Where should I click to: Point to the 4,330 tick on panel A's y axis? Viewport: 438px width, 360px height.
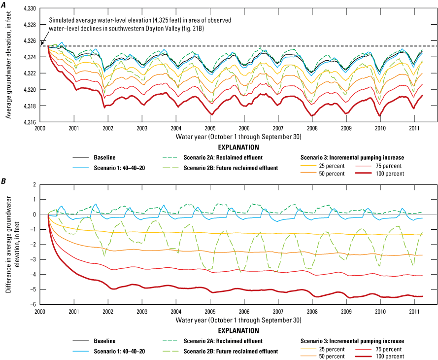tap(31, 8)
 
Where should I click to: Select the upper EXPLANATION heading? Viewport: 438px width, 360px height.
tap(238, 147)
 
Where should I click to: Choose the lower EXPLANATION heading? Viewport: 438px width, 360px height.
tap(238, 330)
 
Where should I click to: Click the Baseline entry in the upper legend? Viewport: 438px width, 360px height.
tap(104, 158)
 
